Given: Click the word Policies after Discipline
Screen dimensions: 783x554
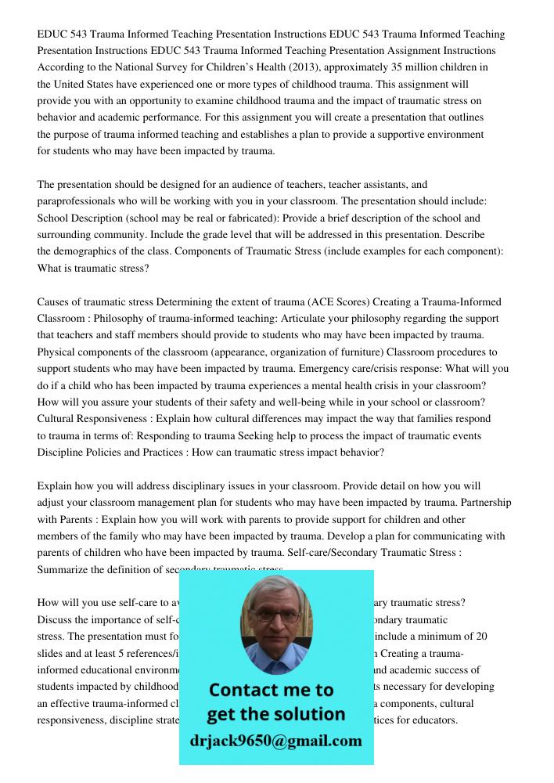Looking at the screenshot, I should tap(109, 453).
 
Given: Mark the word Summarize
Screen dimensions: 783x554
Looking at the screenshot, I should tap(63, 570).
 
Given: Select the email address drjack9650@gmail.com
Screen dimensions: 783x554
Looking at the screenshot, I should tap(276, 741).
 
